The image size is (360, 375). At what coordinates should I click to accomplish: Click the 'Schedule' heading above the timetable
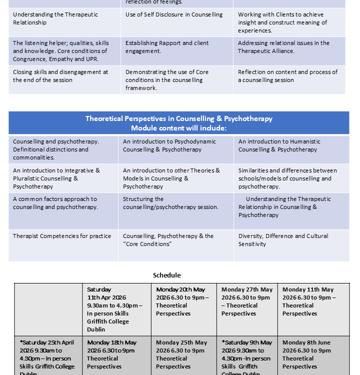[x=166, y=275]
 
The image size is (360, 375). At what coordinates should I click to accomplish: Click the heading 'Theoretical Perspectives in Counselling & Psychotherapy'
[x=179, y=118]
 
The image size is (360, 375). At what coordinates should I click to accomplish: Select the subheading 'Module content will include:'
[x=179, y=127]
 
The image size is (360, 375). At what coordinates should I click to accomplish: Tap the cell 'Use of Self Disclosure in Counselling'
[x=174, y=15]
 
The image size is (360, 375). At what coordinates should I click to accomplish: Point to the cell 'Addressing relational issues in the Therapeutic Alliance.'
[x=283, y=47]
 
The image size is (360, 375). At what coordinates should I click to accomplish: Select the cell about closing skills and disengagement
[x=60, y=76]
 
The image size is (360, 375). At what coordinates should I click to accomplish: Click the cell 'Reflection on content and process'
[x=287, y=76]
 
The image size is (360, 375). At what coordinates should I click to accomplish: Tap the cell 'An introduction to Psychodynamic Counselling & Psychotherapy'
[x=169, y=145]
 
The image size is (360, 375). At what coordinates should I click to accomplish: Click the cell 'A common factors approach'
[x=55, y=203]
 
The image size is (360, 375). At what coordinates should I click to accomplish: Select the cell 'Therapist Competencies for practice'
[x=62, y=236]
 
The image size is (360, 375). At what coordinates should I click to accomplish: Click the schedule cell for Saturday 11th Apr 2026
[x=115, y=309]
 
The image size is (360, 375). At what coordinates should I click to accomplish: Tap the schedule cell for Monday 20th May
[x=180, y=301]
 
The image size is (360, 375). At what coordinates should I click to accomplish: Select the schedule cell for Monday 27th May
[x=247, y=301]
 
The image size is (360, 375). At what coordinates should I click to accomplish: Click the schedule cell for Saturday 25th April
[x=47, y=354]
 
